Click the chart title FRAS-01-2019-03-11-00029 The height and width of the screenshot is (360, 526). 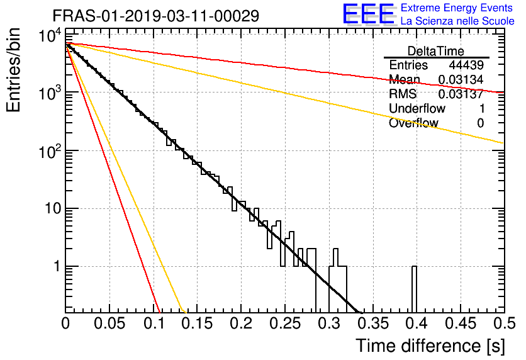155,16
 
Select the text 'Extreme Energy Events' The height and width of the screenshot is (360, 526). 457,8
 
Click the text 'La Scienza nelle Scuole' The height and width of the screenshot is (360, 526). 457,21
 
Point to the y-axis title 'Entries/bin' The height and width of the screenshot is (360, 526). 13,70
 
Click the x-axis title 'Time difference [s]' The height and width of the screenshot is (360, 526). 430,346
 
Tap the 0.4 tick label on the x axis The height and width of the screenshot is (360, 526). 417,323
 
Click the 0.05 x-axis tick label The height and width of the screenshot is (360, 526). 109,323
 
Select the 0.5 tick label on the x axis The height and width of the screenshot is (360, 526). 504,323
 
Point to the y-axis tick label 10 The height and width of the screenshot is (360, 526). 53,209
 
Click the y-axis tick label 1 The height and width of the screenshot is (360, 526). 57,267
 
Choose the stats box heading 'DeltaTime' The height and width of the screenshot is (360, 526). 436,51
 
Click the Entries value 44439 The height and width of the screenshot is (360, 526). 466,65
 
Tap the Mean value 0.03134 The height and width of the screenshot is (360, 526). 461,79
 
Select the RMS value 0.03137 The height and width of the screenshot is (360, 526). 461,94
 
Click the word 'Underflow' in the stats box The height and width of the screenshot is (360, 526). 417,108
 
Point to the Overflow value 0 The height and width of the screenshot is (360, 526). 480,123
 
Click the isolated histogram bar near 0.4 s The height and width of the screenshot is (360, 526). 414,290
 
